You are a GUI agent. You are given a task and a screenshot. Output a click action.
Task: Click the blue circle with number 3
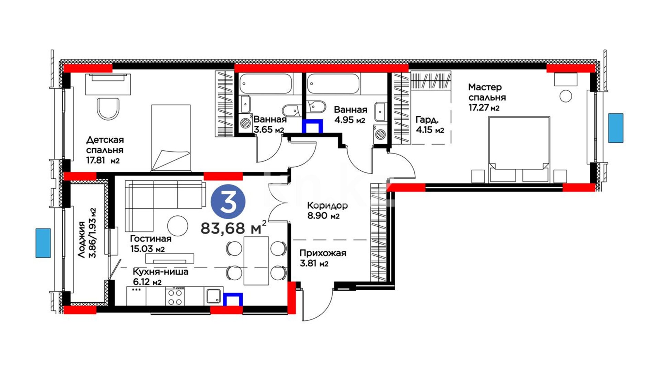228,202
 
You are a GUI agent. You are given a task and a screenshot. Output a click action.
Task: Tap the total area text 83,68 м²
233,227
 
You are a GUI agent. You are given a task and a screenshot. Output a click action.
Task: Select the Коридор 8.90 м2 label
327,211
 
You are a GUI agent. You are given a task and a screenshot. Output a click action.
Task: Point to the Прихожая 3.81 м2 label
323,258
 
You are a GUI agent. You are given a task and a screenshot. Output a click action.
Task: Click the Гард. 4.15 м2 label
430,125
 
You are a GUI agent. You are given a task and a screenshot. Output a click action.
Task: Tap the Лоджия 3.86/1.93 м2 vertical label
87,233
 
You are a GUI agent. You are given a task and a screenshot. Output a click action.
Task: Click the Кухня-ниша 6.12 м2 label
160,277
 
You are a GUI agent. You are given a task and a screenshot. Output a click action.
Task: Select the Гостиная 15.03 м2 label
151,244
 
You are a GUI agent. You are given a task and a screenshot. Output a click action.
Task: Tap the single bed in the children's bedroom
171,138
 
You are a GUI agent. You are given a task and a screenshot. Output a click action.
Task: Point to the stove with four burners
175,296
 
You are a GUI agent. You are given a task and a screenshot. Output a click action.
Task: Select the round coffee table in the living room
177,225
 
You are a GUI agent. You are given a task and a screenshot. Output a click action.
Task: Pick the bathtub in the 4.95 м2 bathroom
333,84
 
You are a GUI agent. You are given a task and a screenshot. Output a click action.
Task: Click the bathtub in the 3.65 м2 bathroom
266,84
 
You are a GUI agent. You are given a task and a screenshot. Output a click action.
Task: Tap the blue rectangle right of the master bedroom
616,128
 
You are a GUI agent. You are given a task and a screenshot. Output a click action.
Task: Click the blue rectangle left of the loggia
43,243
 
